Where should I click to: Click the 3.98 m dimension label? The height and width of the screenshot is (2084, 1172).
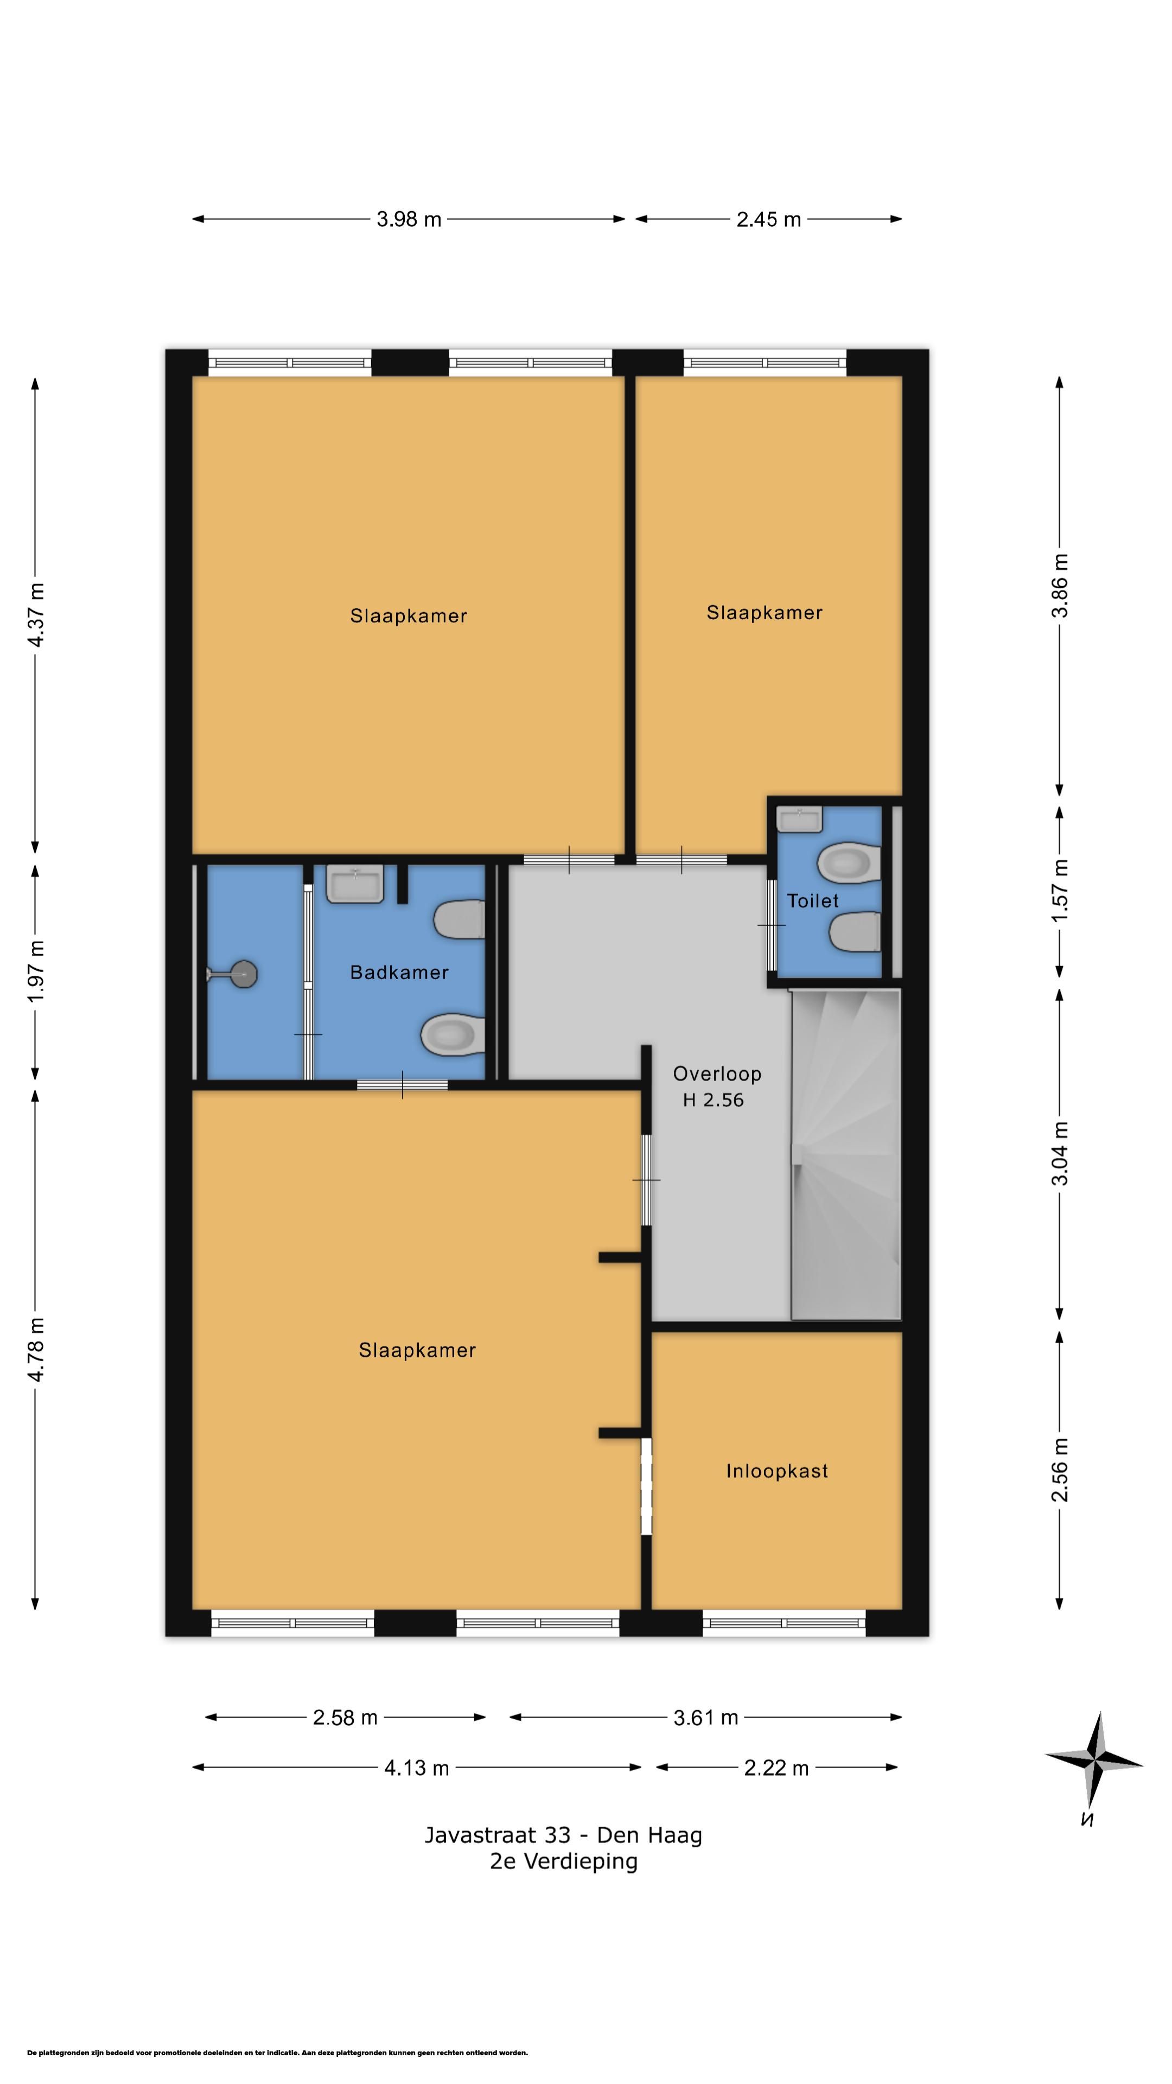pos(409,219)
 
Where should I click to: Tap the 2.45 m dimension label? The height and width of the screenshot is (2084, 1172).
pos(768,219)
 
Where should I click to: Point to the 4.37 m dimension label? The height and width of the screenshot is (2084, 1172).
pos(36,615)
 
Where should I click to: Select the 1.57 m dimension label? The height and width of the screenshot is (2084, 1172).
pos(1060,890)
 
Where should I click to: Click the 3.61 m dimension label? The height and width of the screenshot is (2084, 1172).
pos(706,1718)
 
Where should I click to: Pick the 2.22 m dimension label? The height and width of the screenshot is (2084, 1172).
pos(776,1768)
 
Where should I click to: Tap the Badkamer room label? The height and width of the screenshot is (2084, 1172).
pos(399,973)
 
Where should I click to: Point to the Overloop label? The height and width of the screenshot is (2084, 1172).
pos(717,1075)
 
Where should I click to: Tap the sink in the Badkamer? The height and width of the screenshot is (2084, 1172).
pos(355,884)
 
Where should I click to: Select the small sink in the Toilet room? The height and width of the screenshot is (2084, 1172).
pos(799,819)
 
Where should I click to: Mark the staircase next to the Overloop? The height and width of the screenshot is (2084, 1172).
pos(846,1154)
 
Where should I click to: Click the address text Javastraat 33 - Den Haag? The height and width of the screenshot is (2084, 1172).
pos(564,1835)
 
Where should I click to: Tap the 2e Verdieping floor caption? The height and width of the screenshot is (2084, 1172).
pos(564,1861)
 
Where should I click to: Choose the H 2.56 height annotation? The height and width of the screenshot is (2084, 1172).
pos(714,1100)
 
